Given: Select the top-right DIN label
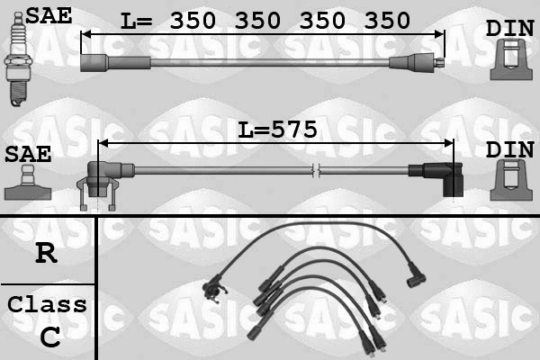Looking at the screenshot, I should point(509,28).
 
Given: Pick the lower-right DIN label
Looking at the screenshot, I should point(509,149).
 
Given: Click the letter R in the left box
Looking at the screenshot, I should point(46,253).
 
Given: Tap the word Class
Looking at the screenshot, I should point(47,304).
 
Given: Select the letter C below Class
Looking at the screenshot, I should point(50,337).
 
